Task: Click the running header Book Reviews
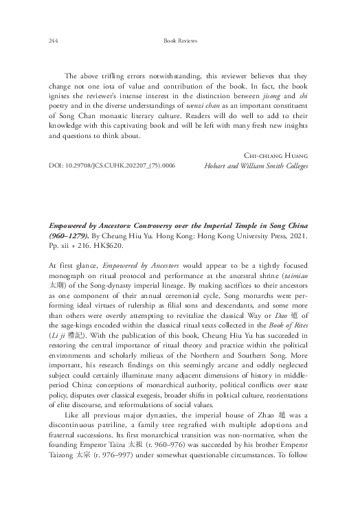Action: coord(180,41)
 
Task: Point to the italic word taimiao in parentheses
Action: coord(296,272)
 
